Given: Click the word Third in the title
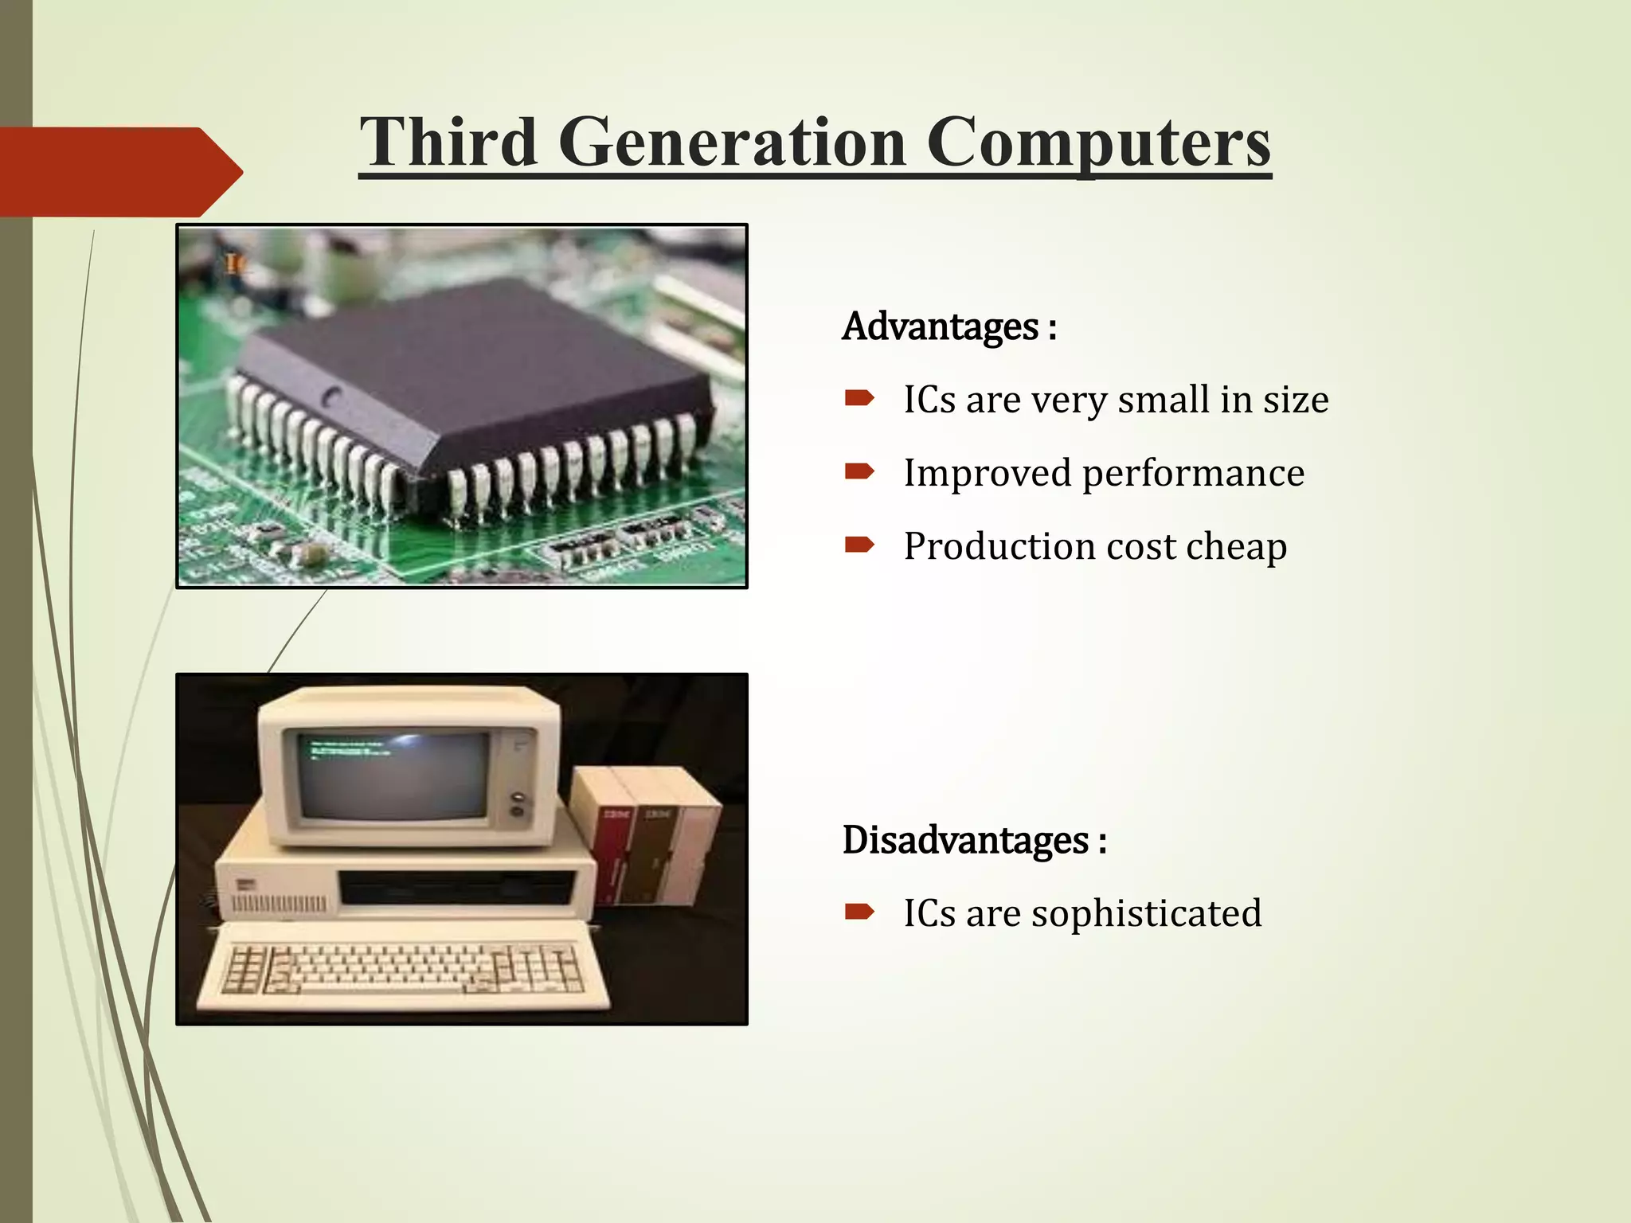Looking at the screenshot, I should coord(448,143).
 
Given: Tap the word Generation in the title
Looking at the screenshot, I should coord(732,143).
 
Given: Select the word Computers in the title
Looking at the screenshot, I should coord(1098,143).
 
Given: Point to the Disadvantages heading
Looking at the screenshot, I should coord(974,841).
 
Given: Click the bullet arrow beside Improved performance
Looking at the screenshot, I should coord(859,472).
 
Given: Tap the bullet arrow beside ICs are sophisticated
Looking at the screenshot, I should coord(859,912).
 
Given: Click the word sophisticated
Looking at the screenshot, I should coord(1146,913).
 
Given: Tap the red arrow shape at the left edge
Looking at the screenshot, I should coord(119,171).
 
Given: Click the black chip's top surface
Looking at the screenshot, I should coord(478,358).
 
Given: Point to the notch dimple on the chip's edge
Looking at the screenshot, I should coord(332,394).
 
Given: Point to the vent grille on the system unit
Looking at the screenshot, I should coord(279,904).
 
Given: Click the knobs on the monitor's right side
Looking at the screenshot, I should coord(518,804).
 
